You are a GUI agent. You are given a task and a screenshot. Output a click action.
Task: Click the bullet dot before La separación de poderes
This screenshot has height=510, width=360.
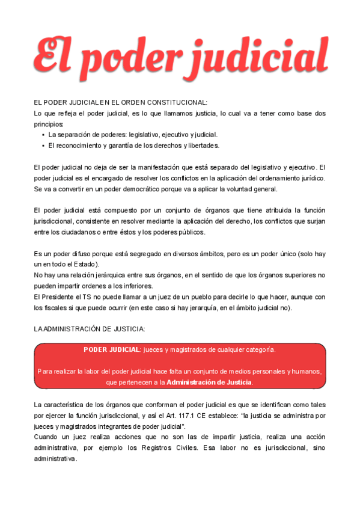(x=43, y=135)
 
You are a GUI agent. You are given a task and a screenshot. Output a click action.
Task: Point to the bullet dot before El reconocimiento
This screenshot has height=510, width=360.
(x=43, y=146)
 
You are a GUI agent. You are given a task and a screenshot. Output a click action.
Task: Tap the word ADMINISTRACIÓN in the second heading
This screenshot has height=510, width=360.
(x=72, y=329)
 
